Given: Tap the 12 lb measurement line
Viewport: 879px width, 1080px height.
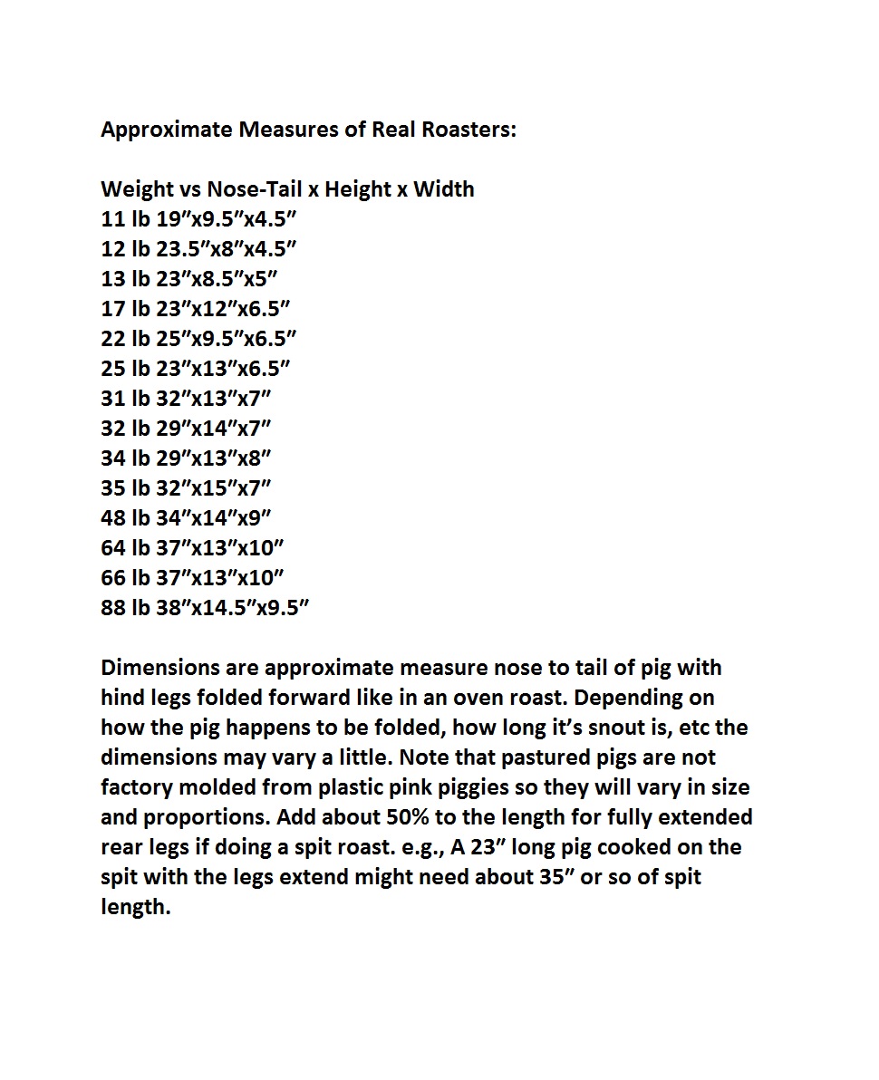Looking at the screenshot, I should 199,249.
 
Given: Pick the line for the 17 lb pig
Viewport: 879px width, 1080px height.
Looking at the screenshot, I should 196,309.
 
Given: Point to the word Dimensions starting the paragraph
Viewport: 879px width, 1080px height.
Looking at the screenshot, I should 159,668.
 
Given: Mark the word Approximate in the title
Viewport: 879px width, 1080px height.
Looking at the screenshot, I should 166,130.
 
